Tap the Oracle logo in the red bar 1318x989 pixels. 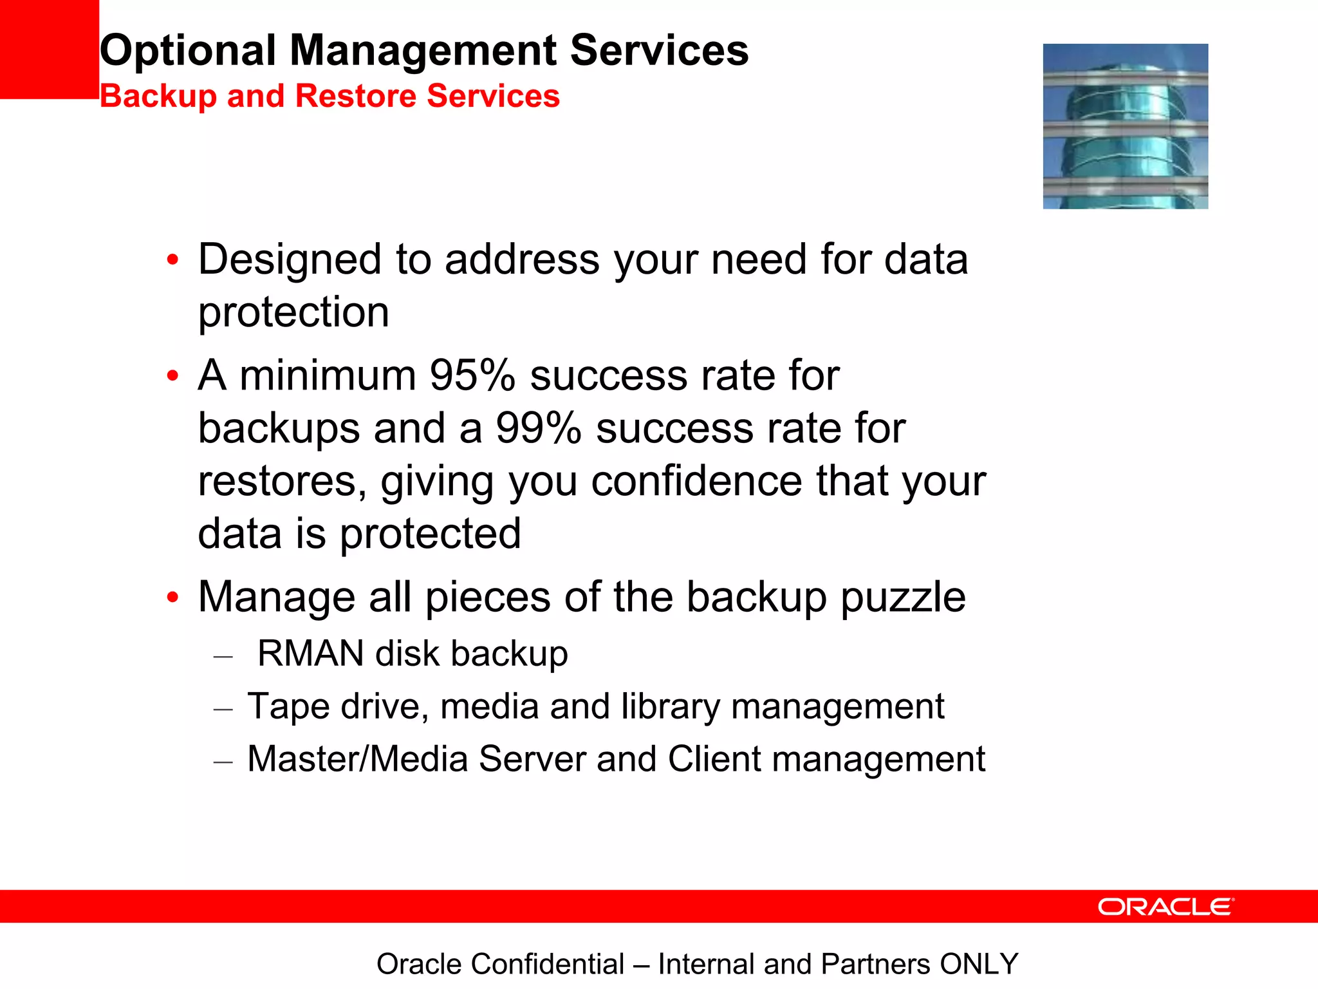[1165, 907]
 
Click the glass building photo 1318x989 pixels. [1125, 126]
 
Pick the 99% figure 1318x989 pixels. [539, 428]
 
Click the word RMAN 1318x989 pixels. [311, 654]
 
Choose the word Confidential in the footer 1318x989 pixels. [547, 965]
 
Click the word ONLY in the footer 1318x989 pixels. [979, 965]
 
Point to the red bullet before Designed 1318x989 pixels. [172, 260]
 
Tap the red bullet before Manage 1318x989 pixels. [172, 598]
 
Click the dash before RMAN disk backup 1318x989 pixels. [223, 657]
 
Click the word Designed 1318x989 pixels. [290, 259]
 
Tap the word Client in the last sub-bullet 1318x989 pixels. [714, 759]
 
